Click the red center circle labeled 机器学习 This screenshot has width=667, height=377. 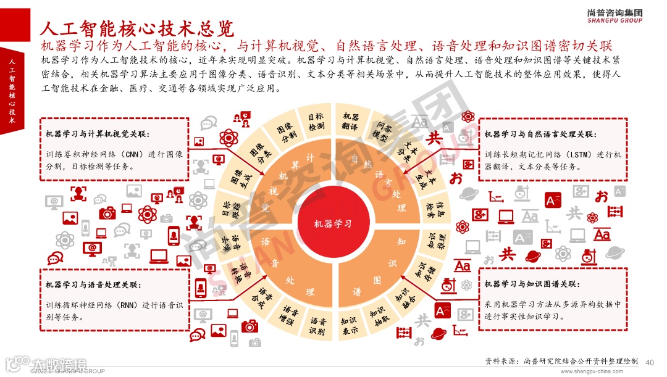(333, 223)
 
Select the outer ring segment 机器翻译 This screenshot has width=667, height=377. (351, 121)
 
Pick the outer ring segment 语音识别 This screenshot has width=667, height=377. (317, 326)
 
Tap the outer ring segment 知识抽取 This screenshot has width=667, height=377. (378, 317)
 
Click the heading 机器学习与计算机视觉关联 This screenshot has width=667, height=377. (97, 134)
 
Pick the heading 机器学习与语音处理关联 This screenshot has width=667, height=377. (93, 284)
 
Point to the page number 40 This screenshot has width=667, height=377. (649, 362)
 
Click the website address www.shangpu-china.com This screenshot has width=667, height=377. (598, 372)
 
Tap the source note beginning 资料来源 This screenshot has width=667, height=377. (562, 362)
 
